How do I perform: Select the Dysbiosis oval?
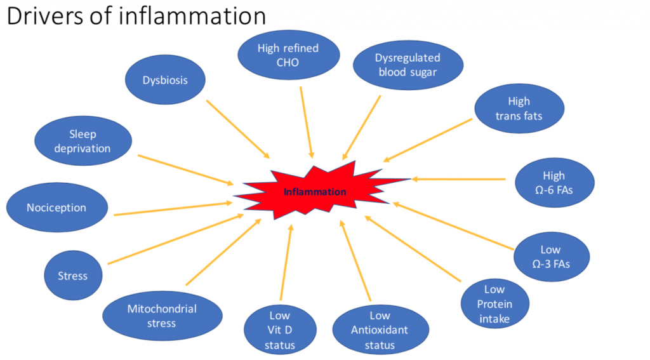pos(165,81)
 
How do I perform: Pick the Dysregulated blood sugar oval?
pos(407,65)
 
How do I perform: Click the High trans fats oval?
pos(518,109)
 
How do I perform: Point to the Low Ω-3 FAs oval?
pos(550,257)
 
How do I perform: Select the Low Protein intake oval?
pos(494,303)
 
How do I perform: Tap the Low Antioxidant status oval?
pos(380,330)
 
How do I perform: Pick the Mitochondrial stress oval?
pos(162,316)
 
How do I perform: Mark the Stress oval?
pos(73,276)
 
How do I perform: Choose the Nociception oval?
pos(56,208)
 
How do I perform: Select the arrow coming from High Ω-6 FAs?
pos(458,179)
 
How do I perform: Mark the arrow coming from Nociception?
pos(173,209)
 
